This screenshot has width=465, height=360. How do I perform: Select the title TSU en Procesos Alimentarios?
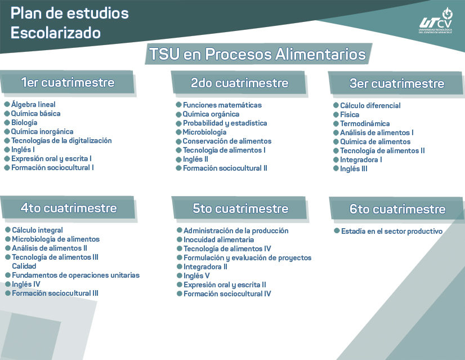pyautogui.click(x=257, y=55)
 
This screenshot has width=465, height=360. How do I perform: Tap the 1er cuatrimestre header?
pyautogui.click(x=68, y=83)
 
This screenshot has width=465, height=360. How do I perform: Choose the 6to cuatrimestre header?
pyautogui.click(x=397, y=209)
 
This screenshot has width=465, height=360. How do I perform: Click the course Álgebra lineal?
pyautogui.click(x=33, y=105)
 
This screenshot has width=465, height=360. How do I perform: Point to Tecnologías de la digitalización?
pyautogui.click(x=61, y=141)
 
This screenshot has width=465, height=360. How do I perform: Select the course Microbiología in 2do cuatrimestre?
pyautogui.click(x=204, y=132)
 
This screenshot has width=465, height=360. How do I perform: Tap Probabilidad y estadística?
pyautogui.click(x=225, y=123)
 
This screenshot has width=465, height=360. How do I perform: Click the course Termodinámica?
pyautogui.click(x=365, y=124)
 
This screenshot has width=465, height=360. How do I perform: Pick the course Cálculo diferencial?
pyautogui.click(x=370, y=106)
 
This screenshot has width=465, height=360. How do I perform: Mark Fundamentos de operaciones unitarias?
pyautogui.click(x=75, y=275)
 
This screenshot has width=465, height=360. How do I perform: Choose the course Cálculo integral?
pyautogui.click(x=37, y=230)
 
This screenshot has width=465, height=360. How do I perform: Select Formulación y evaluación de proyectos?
pyautogui.click(x=247, y=258)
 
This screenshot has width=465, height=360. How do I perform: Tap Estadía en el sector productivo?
pyautogui.click(x=392, y=232)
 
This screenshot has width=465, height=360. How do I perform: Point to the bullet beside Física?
pyautogui.click(x=336, y=115)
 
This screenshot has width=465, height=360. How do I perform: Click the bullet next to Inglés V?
pyautogui.click(x=179, y=276)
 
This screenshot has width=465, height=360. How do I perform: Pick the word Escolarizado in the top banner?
pyautogui.click(x=56, y=33)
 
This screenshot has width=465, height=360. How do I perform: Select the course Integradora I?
pyautogui.click(x=361, y=160)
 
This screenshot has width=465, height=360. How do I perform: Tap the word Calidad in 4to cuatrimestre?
pyautogui.click(x=24, y=266)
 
